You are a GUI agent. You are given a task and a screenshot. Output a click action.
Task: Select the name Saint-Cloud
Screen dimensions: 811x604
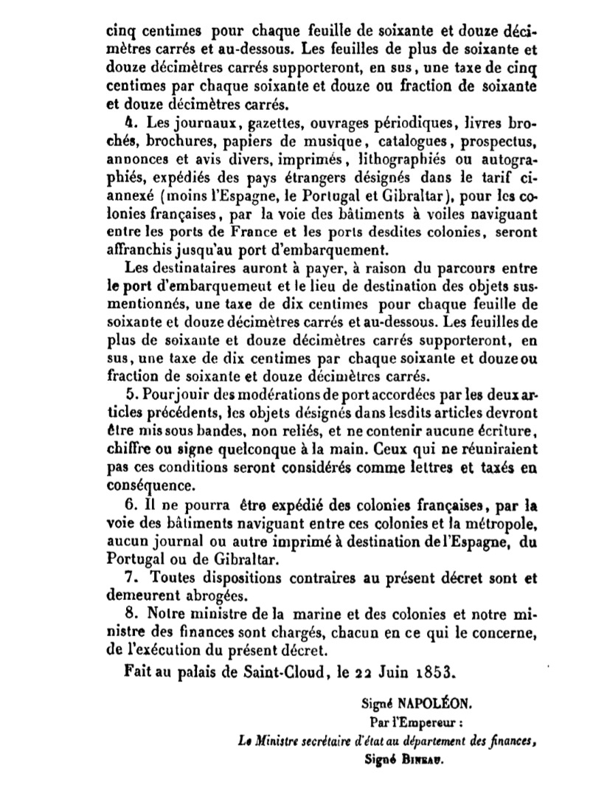(x=252, y=672)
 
